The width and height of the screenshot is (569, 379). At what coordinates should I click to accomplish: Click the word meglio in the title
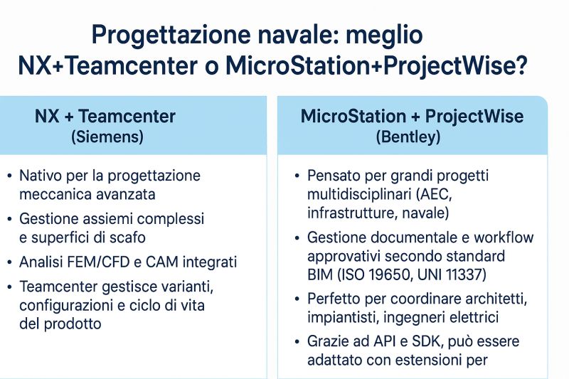(x=384, y=36)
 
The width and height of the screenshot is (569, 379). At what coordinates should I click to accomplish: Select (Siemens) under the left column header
(x=107, y=137)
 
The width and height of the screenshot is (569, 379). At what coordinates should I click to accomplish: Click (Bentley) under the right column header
(x=408, y=137)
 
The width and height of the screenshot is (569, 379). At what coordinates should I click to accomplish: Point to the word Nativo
(x=41, y=176)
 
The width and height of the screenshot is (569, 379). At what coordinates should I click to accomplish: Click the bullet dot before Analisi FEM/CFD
(x=9, y=262)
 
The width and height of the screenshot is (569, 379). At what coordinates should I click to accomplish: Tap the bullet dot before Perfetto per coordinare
(x=297, y=299)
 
